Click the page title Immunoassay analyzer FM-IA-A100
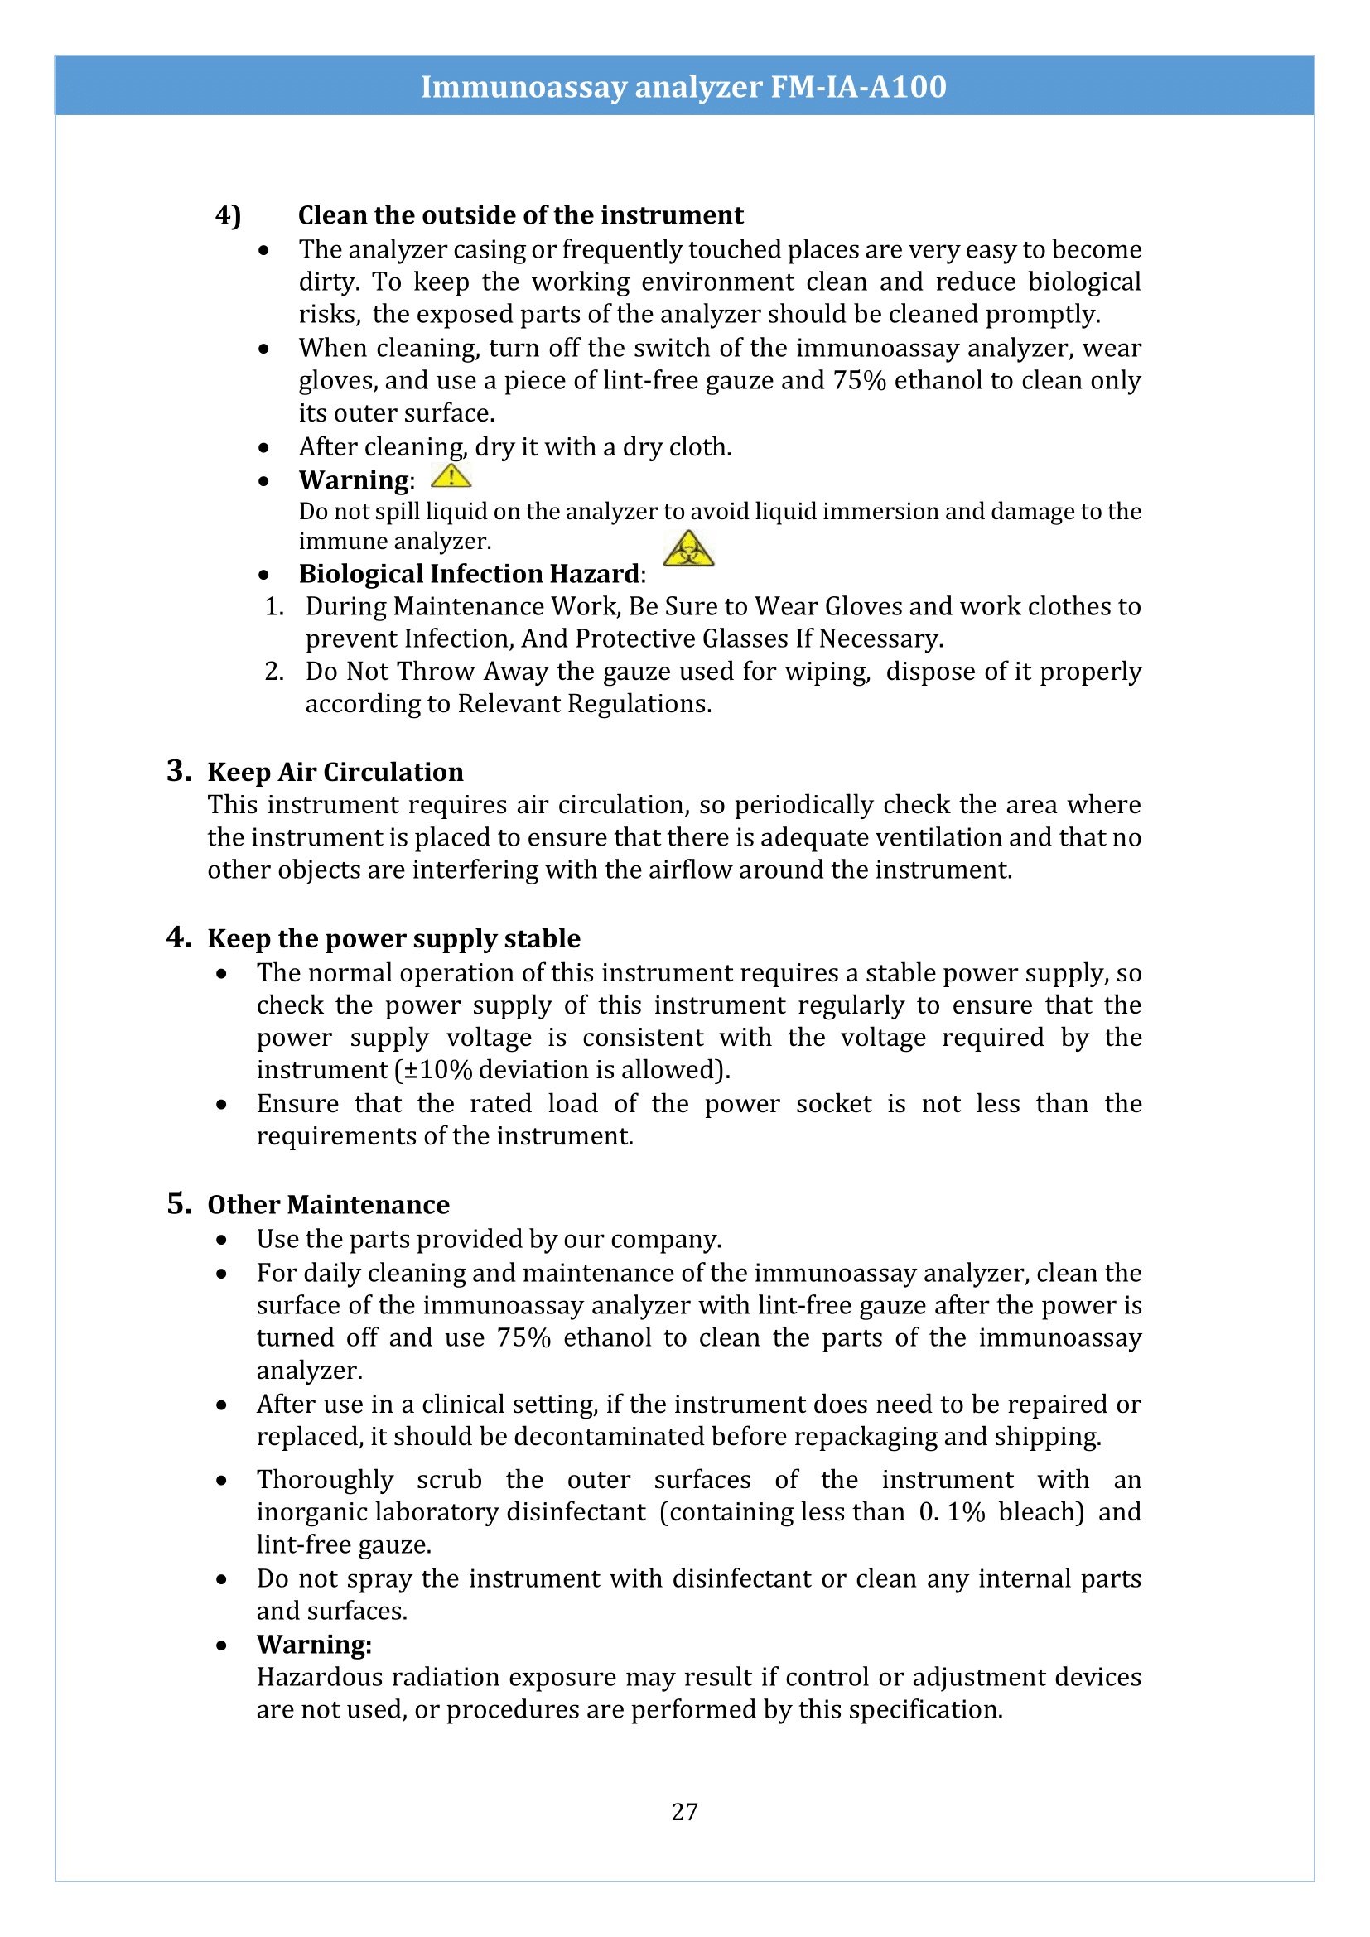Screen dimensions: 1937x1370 click(683, 87)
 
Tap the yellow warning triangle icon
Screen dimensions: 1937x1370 click(451, 477)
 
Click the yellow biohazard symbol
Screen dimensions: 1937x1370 click(688, 549)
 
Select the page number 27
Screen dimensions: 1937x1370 click(684, 1811)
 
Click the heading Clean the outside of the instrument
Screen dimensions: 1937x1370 click(520, 215)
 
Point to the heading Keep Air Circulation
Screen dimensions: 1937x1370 click(335, 772)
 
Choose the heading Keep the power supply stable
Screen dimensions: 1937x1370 click(393, 938)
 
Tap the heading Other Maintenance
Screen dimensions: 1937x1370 click(328, 1204)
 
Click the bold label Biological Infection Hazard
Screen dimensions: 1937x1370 click(469, 574)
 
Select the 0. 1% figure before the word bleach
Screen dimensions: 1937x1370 click(952, 1511)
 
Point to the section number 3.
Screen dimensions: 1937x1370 click(178, 770)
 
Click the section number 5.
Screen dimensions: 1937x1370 click(178, 1203)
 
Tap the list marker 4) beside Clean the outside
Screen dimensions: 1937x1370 click(228, 216)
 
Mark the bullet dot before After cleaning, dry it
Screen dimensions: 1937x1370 click(264, 448)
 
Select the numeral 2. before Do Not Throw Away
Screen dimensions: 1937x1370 click(273, 672)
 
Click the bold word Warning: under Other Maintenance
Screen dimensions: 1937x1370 click(314, 1645)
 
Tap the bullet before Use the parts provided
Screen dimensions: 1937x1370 click(221, 1241)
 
